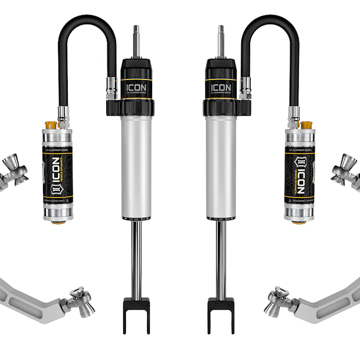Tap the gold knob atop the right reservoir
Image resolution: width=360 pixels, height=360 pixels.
(x=307, y=125)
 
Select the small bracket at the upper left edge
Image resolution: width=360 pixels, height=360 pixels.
(x=12, y=171)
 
